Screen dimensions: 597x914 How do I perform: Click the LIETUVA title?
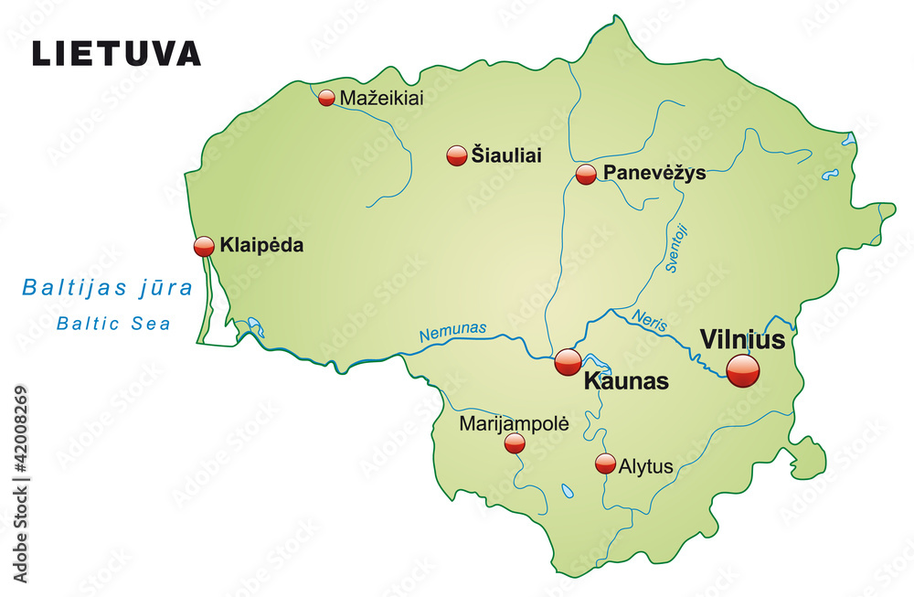116,53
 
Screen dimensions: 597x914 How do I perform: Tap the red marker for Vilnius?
742,370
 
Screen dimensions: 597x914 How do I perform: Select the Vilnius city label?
742,340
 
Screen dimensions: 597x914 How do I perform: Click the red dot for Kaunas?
568,362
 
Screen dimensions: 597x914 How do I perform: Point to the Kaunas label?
626,381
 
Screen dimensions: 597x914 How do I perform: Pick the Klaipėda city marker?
204,246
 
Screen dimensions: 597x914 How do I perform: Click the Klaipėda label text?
261,245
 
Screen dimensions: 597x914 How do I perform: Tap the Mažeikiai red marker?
326,98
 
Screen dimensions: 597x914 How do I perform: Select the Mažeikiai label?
381,98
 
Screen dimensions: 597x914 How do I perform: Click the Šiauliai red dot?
457,155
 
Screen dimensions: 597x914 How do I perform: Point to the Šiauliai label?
506,155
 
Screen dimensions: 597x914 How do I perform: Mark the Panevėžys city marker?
586,175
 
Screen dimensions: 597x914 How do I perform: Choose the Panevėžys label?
654,173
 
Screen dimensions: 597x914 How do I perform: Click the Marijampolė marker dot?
515,443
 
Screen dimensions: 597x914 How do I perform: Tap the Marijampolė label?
514,423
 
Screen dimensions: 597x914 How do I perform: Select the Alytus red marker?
605,464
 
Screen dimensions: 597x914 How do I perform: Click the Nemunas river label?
453,333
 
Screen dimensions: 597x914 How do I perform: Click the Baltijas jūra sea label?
108,289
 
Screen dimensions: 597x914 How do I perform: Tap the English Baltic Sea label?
113,323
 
